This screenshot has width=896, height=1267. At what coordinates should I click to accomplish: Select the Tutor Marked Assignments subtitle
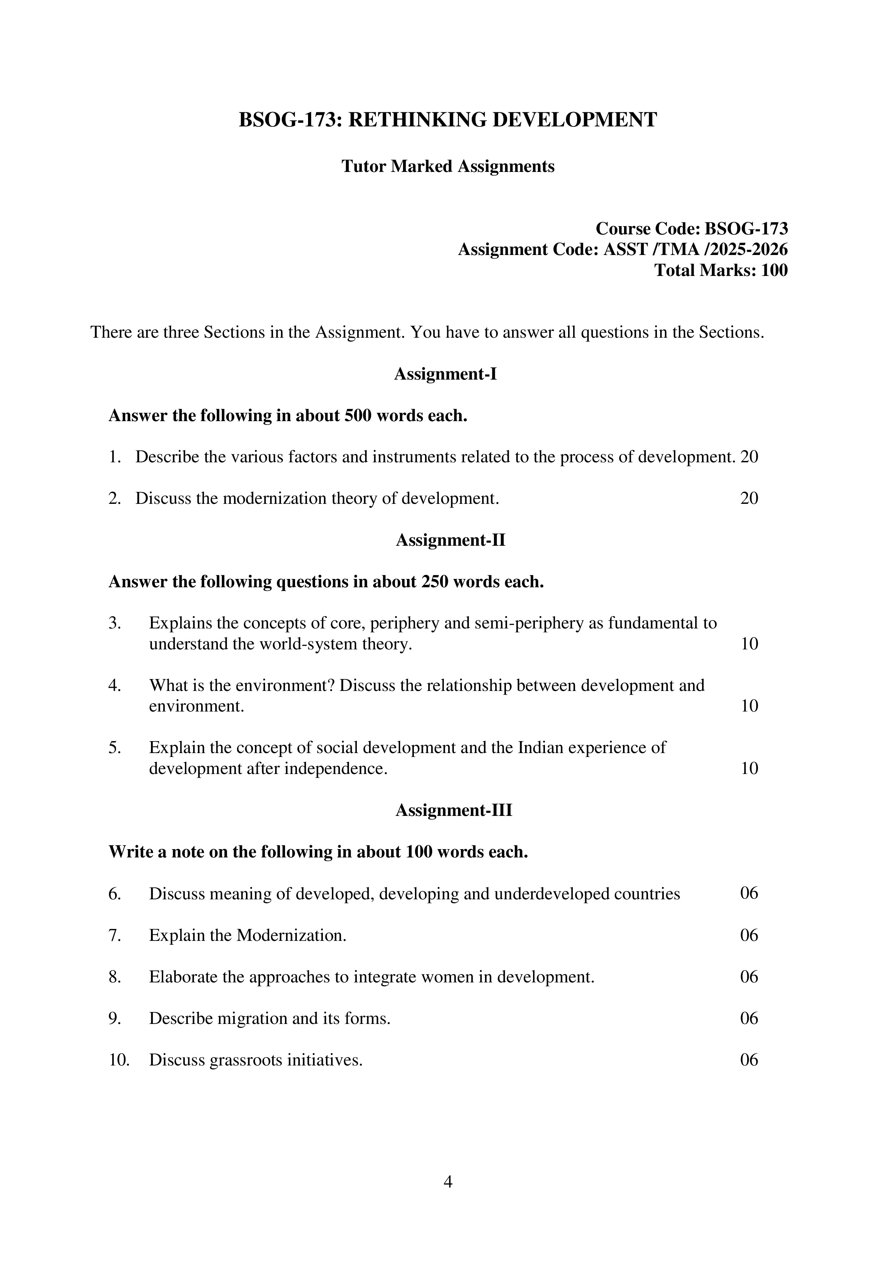(447, 166)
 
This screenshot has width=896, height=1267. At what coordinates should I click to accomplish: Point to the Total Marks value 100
(774, 271)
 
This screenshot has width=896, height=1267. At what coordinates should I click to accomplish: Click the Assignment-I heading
(445, 374)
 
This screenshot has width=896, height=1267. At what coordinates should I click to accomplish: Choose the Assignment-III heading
(454, 810)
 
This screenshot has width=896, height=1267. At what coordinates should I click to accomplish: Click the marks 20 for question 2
(749, 498)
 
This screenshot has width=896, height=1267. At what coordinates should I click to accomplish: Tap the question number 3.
(114, 623)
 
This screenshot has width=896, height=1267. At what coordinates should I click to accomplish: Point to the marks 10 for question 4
(749, 706)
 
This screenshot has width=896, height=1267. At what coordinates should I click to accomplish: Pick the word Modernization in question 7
(291, 935)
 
